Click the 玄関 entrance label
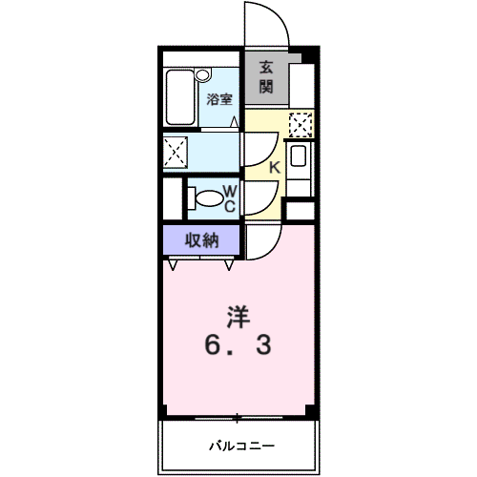tap(266, 77)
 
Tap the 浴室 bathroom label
tap(219, 99)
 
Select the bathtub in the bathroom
tap(180, 97)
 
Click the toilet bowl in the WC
tap(209, 198)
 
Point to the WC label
tap(230, 199)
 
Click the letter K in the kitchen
tap(275, 167)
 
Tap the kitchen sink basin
tap(299, 156)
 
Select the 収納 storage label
tap(202, 240)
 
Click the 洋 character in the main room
tap(238, 317)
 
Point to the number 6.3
tap(238, 345)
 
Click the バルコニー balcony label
tap(241, 446)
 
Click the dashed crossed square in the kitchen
tap(301, 125)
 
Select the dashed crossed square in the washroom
tap(176, 153)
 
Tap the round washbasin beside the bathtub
tap(202, 75)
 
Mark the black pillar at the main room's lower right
tap(310, 410)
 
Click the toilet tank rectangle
tap(191, 198)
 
